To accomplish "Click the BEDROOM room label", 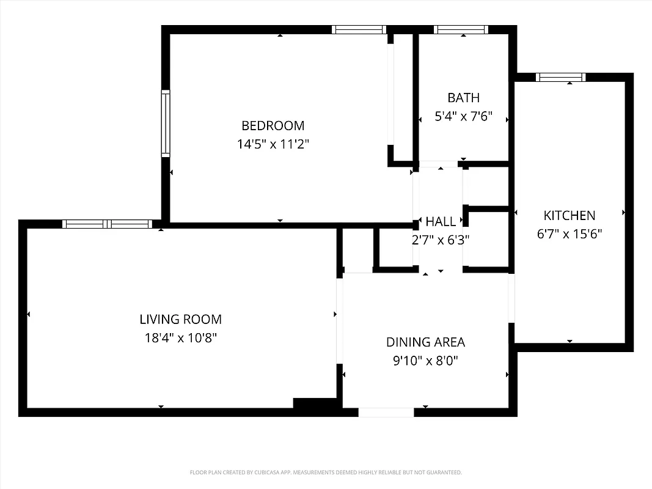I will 273,126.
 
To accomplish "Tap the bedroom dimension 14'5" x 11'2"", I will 273,145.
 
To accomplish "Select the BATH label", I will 463,98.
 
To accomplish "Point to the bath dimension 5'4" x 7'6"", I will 463,116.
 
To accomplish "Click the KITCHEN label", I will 569,216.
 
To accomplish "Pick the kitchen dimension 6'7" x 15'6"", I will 569,234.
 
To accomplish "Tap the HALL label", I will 441,222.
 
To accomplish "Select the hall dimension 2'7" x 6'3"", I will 440,240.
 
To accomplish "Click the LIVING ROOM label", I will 180,319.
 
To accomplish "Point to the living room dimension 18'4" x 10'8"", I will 180,337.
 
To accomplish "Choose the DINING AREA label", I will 425,342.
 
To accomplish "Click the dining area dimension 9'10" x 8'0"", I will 425,361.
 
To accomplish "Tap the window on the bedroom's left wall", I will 166,123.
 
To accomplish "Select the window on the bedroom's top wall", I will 359,29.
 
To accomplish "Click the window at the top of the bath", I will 461,29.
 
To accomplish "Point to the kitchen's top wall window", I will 560,77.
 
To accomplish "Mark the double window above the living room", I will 108,224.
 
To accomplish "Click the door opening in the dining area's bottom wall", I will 386,413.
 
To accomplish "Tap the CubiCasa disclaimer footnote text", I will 326,472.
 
